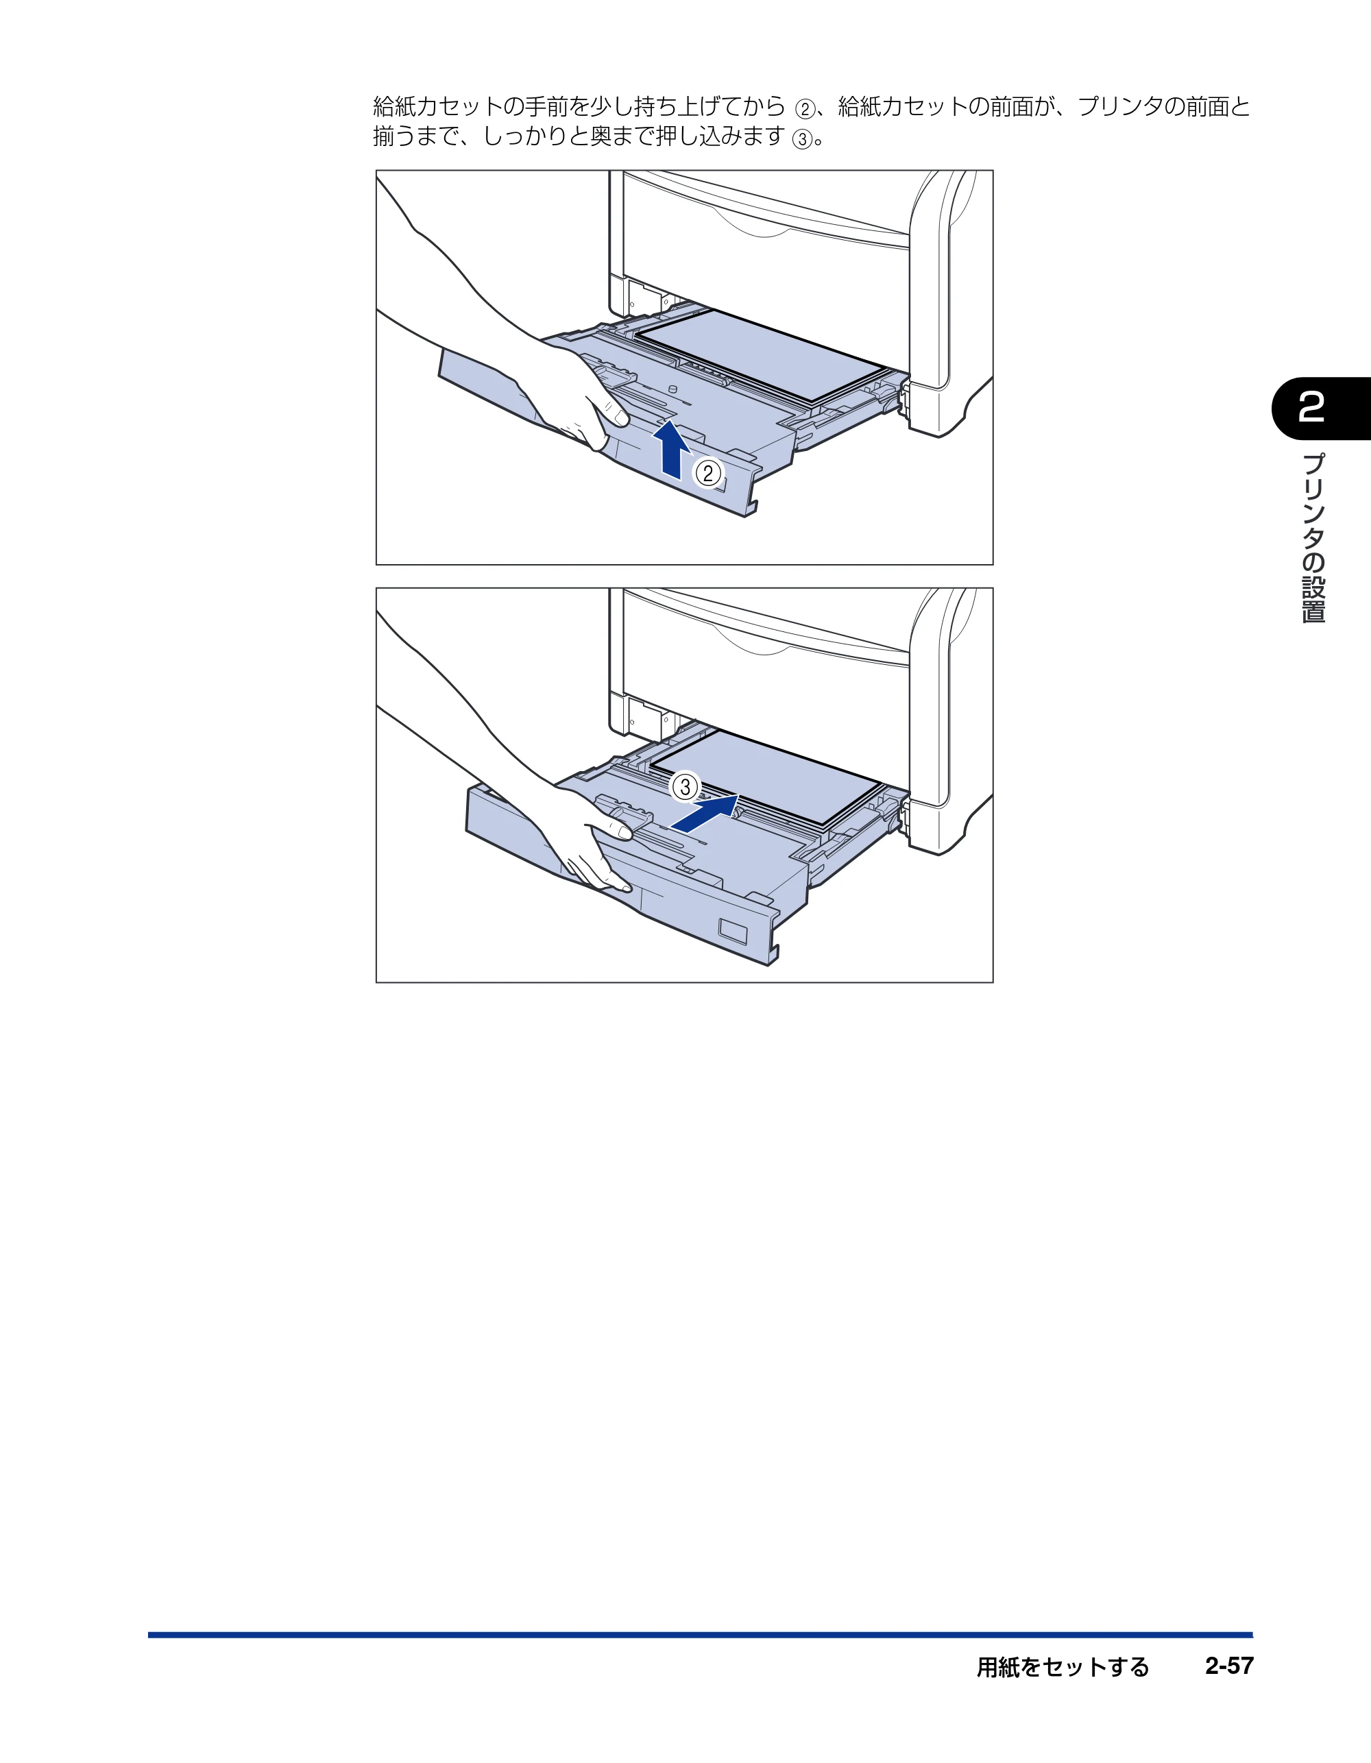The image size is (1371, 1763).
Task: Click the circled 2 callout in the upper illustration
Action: (708, 473)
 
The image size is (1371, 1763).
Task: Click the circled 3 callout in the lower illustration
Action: (685, 786)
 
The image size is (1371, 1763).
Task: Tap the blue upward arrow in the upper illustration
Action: (671, 449)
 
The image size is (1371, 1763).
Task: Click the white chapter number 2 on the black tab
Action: (1311, 408)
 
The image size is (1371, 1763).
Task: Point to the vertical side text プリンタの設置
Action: (1313, 537)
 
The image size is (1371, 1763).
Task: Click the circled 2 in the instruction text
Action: (805, 109)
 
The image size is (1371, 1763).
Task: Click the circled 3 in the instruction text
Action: (802, 140)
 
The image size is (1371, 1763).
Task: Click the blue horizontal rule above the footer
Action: (700, 1636)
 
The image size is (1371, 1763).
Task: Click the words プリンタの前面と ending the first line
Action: (1164, 106)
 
